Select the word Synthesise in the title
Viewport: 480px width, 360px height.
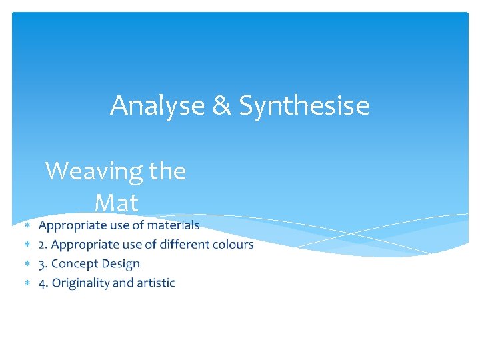[x=304, y=105]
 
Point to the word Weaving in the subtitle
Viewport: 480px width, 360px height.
[x=94, y=171]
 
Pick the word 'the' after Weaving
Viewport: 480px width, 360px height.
[x=168, y=171]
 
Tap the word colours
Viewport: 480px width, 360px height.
[x=233, y=245]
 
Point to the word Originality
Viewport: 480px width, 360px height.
[x=81, y=283]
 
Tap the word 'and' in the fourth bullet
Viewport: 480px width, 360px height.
[x=123, y=283]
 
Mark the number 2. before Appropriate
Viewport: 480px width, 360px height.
[x=43, y=245]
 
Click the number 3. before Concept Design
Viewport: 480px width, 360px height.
[x=43, y=264]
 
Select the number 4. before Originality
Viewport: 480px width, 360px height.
[x=43, y=283]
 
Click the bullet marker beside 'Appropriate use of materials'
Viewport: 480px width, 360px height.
[x=28, y=226]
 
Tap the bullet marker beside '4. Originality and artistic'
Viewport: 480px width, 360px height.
[x=28, y=284]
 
